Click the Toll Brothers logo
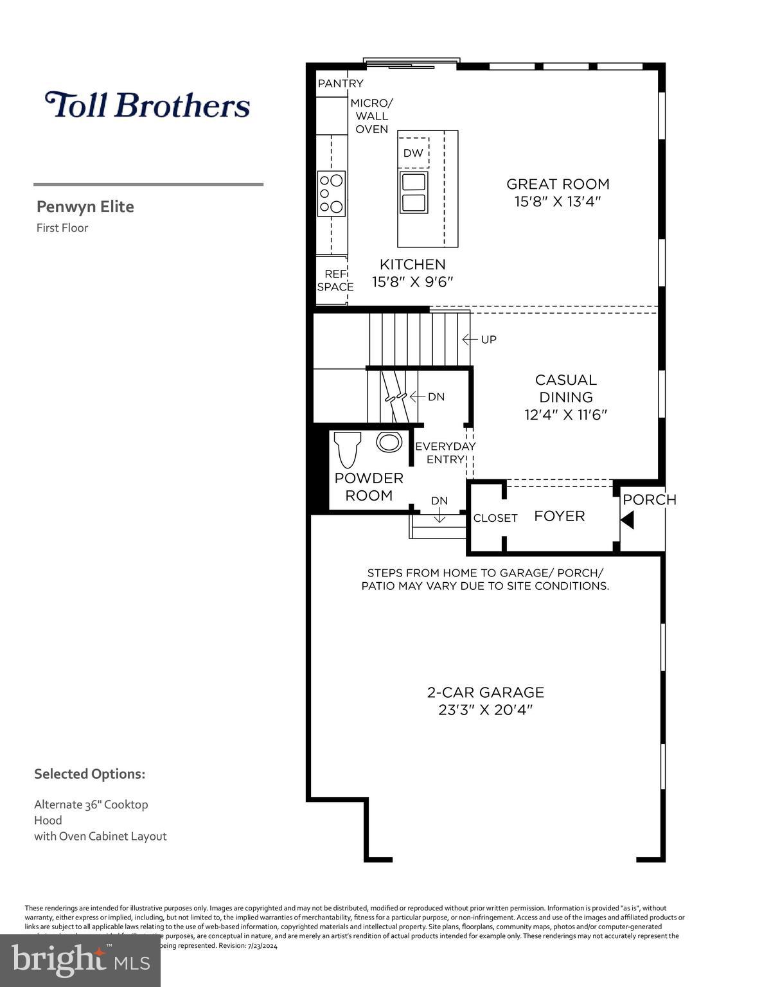(147, 105)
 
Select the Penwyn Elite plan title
(85, 207)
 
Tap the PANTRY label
(341, 84)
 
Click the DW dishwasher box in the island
(413, 153)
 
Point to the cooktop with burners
(332, 193)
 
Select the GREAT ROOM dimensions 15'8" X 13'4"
(558, 202)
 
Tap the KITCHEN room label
(412, 264)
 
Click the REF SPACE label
(335, 280)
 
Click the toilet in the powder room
(347, 449)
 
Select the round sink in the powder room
(389, 442)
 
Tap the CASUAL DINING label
(565, 389)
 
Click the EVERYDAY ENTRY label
(445, 452)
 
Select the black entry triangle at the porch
(627, 520)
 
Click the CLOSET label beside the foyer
(495, 518)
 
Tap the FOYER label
(559, 516)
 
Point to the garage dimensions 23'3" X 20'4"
(485, 710)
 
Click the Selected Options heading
(89, 774)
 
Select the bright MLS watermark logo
(80, 961)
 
